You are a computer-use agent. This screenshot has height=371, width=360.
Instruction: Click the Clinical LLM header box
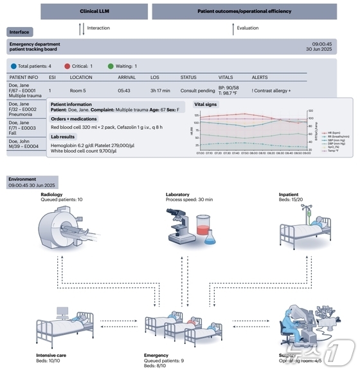(94, 12)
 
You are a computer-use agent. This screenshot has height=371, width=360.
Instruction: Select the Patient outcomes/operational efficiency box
(244, 12)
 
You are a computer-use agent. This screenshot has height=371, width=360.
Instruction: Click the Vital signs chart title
(206, 104)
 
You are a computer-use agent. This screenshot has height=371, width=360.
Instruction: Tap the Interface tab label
(19, 32)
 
